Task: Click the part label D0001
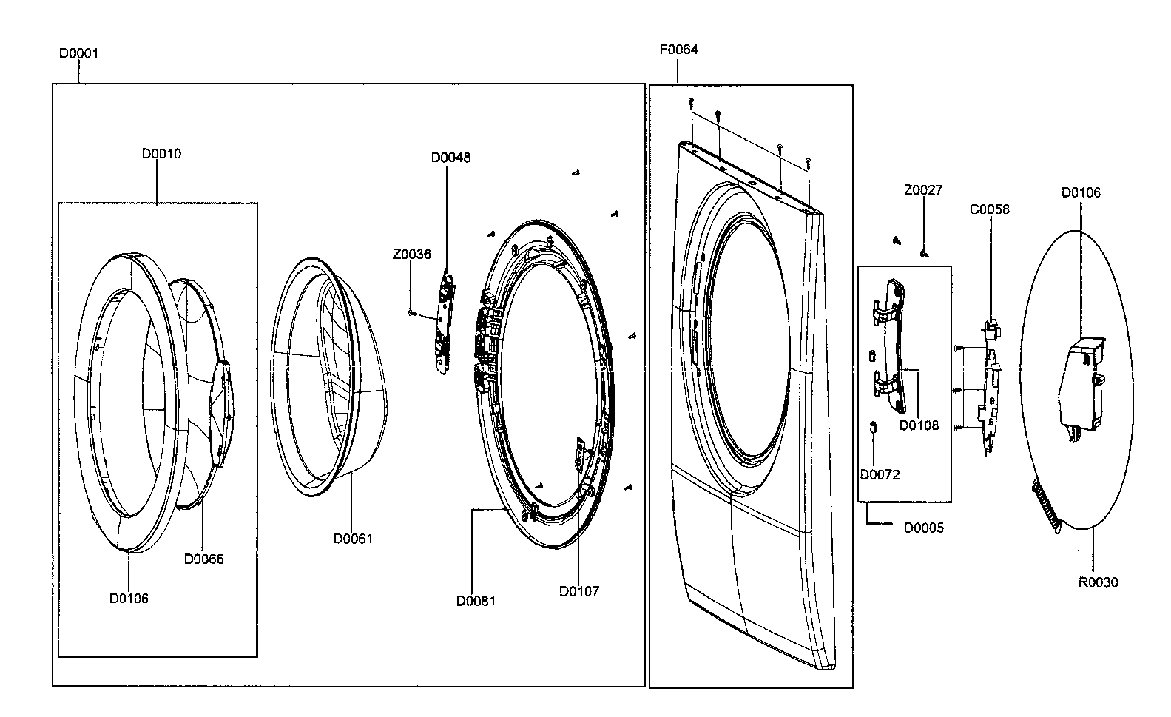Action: coord(78,53)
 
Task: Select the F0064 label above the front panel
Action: coord(678,50)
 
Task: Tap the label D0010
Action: coord(161,154)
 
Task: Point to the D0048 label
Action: coord(451,158)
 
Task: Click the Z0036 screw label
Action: coord(411,255)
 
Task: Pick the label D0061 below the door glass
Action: coord(353,539)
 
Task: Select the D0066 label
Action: coord(203,559)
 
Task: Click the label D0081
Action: coord(476,600)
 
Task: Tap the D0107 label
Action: coord(579,590)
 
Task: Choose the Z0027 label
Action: coord(923,190)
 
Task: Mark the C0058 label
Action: coord(989,209)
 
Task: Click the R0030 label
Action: coord(1098,582)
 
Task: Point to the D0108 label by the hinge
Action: coord(919,425)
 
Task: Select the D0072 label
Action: coord(880,474)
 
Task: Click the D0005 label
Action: coord(923,528)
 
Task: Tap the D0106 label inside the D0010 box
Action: coord(129,598)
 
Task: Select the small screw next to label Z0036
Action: coord(411,313)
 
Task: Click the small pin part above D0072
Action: coord(873,428)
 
